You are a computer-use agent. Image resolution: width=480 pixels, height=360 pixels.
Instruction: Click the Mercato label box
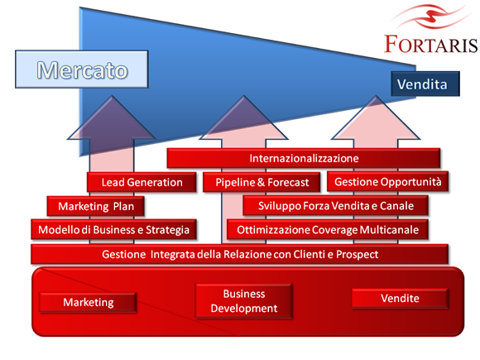point(82,70)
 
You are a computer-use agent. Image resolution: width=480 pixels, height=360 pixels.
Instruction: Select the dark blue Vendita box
point(425,84)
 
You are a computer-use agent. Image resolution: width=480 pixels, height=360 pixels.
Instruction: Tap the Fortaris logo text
point(431,45)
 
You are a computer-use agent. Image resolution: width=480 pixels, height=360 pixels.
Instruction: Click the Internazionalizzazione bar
point(304,158)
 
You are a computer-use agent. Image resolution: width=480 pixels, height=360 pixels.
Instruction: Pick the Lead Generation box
point(142,182)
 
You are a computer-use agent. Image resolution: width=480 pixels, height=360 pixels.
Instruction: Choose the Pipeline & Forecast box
point(262,182)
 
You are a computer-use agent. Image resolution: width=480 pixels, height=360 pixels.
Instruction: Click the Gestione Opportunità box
point(388,182)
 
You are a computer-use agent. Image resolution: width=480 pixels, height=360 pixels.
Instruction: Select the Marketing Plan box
point(96,206)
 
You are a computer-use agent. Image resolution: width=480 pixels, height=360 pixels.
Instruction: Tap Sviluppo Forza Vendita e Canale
point(335,206)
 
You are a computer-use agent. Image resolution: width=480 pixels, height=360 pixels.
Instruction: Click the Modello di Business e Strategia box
point(113,229)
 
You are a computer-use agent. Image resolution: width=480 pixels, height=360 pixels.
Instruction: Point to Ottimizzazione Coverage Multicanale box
point(328,229)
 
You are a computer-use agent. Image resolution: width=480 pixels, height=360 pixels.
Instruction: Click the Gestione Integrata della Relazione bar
point(240,254)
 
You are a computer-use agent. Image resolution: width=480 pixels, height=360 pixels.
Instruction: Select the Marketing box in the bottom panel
point(89,302)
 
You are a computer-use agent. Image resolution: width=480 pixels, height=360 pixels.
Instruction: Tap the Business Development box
point(244,301)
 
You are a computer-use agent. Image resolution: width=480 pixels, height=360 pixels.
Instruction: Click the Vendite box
point(400,298)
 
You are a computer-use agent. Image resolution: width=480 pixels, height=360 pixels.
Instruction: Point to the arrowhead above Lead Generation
point(112,118)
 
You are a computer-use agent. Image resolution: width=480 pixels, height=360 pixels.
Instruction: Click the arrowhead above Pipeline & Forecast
point(243,118)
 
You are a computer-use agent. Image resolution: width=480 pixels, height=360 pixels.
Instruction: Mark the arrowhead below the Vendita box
point(376,118)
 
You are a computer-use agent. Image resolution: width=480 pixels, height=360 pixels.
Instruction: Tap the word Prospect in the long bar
point(358,255)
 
